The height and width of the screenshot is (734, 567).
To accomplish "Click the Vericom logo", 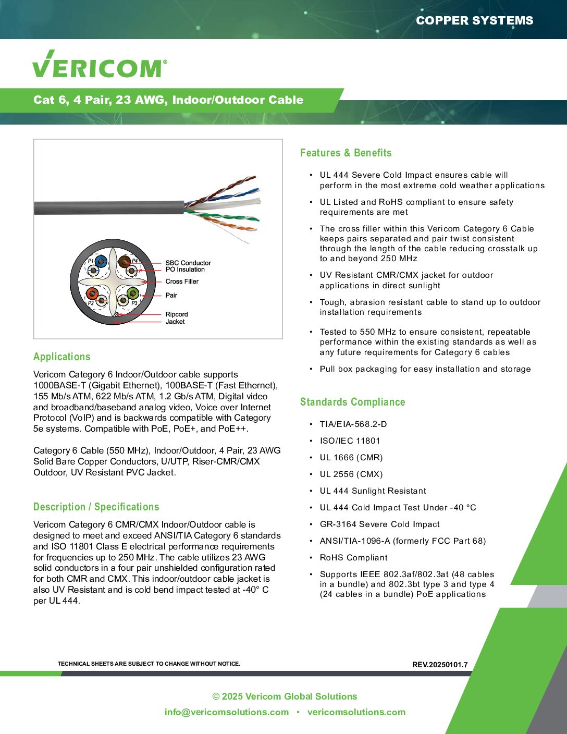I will pos(100,65).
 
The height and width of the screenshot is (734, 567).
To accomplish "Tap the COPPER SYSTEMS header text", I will pos(474,21).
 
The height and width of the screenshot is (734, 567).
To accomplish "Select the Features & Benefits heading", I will pos(346,153).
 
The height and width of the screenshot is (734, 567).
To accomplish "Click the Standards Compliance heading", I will pos(352,402).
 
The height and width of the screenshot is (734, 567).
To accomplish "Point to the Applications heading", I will pos(61,357).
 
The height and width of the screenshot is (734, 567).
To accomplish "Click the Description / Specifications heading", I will pos(96,507).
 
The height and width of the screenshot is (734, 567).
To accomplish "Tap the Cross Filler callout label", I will pos(182,282).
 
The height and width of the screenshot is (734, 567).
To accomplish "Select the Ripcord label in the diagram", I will pos(177,314).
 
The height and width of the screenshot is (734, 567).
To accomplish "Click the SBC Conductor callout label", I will pos(188,263).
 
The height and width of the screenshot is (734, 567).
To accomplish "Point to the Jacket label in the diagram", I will pos(175,322).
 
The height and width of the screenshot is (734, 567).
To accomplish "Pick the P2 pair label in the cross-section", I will pos(91,303).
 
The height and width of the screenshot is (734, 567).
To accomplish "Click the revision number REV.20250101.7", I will pos(440,665).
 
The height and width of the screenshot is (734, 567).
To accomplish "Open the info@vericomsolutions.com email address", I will pos(226,712).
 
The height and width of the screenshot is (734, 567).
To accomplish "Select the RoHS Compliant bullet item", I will pos(353,558).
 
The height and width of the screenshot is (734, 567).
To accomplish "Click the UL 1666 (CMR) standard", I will pos(351,458).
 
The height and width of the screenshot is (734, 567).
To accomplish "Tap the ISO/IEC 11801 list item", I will pos(350,441).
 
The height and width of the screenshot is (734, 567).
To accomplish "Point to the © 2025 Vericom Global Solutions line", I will pos(285,696).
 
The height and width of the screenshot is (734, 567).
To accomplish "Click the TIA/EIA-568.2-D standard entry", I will pos(353,424).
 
